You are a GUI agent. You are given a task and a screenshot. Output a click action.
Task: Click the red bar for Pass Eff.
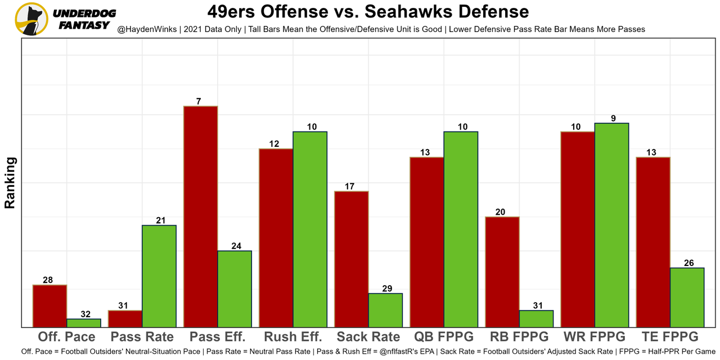click(x=201, y=217)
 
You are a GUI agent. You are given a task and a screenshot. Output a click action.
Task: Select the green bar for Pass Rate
click(x=159, y=276)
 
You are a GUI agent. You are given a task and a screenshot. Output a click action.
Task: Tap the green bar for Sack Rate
click(x=385, y=310)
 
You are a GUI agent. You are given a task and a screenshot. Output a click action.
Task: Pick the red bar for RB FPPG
click(x=502, y=272)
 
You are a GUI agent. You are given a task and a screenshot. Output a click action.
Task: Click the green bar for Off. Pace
click(x=84, y=323)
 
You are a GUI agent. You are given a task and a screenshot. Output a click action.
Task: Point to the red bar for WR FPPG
click(x=578, y=229)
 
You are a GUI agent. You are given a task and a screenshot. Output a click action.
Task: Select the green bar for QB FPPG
click(x=461, y=229)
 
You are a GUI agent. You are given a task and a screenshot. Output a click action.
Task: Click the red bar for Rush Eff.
click(x=276, y=237)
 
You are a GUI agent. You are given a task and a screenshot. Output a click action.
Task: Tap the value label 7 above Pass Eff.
click(x=199, y=101)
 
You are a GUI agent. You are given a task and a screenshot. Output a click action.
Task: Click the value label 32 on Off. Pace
click(x=85, y=314)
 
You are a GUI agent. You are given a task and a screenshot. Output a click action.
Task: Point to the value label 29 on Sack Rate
click(x=387, y=289)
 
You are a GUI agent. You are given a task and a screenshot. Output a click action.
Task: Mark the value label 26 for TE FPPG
click(x=688, y=263)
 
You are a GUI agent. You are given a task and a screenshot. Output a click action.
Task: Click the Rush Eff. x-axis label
click(x=292, y=337)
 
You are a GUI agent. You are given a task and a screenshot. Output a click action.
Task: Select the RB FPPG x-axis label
click(x=519, y=337)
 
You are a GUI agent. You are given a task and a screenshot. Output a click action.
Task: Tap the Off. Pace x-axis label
click(x=66, y=337)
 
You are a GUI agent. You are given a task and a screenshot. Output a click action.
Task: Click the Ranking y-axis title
click(x=10, y=183)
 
